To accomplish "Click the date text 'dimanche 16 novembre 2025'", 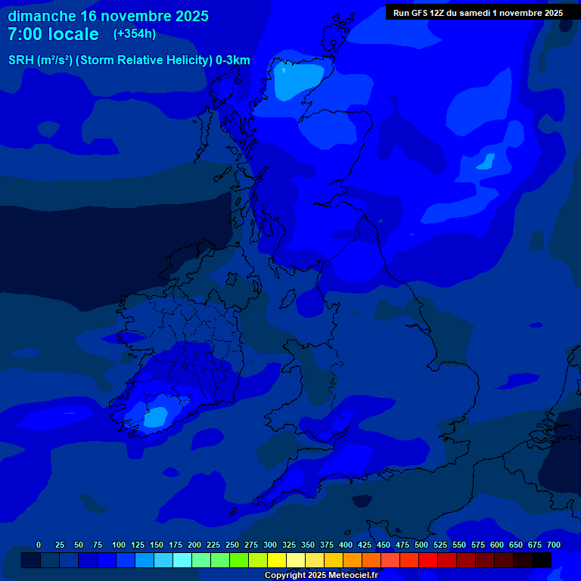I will pos(108,16).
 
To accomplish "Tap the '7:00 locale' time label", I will pos(53,34).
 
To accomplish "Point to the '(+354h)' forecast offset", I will pos(135,33).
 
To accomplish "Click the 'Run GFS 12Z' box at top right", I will pos(478,12).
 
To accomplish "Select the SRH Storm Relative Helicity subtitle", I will pos(129,61).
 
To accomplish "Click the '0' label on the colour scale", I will pos(39,545).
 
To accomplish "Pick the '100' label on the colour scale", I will pos(119,545).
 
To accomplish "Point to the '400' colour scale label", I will pos(346,545).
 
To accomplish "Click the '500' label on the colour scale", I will pos(421,545).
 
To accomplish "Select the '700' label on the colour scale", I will pos(554,545).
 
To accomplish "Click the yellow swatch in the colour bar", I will pos(277,560).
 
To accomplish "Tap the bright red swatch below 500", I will pos(428,560).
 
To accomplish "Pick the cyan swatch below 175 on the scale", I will pos(182,560).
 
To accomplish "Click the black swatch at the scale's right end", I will pos(542,560).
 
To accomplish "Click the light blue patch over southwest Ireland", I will pos(157,415).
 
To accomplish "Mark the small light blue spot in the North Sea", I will pos(485,161).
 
